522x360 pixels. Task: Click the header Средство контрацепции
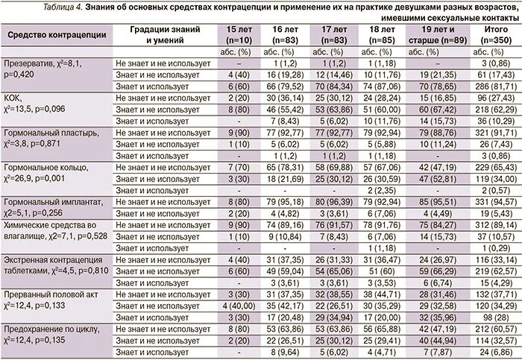pyautogui.click(x=57, y=35)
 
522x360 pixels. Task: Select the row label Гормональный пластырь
pyautogui.click(x=50, y=132)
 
